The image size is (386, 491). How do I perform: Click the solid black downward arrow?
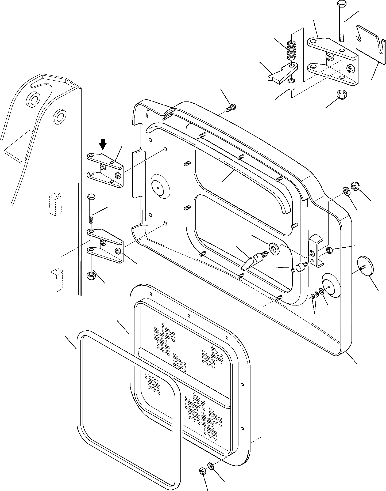pos(103,145)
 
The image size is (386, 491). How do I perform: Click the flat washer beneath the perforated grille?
pos(210,467)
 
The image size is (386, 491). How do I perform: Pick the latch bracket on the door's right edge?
pos(316,250)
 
